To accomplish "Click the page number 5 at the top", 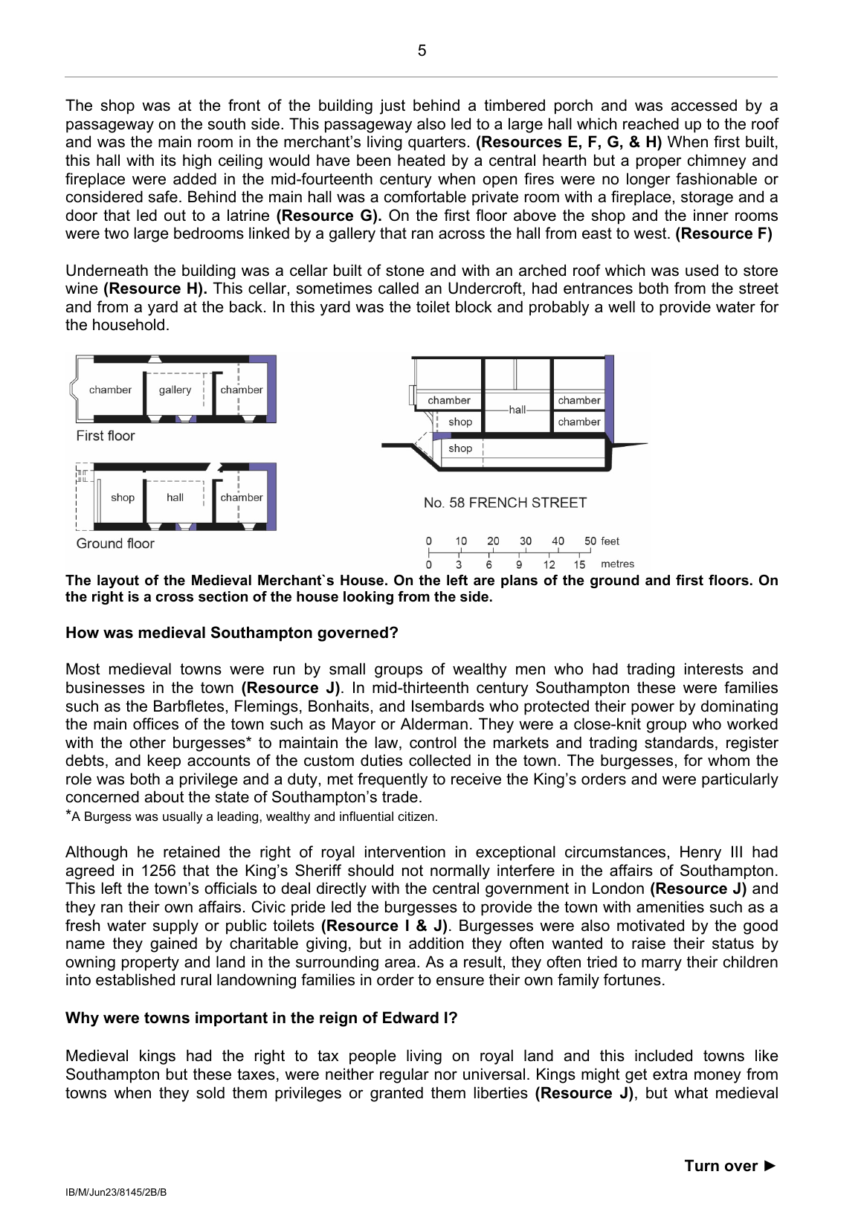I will (422, 51).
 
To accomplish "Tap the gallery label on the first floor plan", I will (175, 390).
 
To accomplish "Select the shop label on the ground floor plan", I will (123, 497).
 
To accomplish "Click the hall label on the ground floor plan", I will (175, 497).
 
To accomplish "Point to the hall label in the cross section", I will (517, 410).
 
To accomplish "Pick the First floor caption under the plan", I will (106, 436).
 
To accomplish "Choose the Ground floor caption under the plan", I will (115, 544).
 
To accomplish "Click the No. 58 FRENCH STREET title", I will (505, 503).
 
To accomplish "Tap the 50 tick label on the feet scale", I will (590, 541).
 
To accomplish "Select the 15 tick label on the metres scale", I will (579, 564).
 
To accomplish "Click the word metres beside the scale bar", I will (617, 564).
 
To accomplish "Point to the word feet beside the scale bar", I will (610, 541).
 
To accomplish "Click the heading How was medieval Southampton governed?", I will (232, 633).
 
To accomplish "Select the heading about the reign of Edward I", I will (262, 1018).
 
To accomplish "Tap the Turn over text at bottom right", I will (729, 1166).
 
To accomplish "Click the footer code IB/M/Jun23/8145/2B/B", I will (116, 1192).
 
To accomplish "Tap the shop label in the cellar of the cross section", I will (460, 448).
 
